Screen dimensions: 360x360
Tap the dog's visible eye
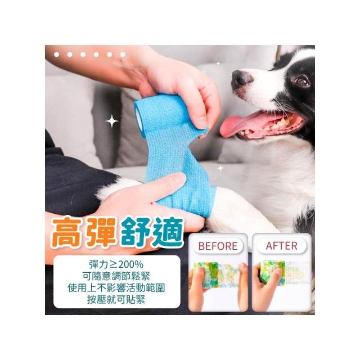point(302,80)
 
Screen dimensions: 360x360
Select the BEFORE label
point(218,246)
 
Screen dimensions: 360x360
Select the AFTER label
point(281,246)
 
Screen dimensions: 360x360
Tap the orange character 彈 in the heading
point(101,232)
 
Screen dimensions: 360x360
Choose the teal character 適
point(168,232)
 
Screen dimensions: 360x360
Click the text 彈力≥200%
point(116,265)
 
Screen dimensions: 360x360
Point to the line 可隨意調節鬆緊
point(116,276)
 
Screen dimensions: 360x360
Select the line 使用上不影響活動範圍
point(116,287)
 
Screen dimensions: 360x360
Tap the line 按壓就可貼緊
point(116,299)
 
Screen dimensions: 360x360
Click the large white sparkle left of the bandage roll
point(111,121)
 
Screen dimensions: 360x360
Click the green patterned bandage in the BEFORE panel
point(217,274)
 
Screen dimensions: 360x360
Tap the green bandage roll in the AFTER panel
point(272,273)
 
